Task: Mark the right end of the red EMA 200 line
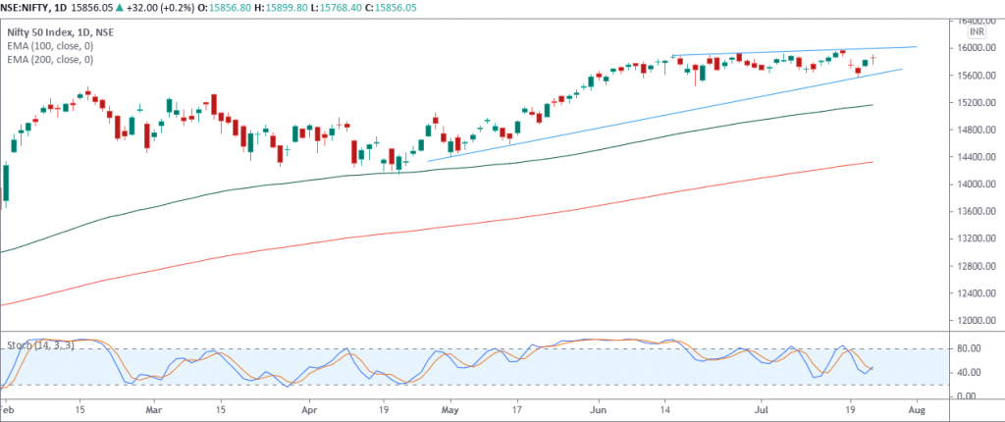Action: tap(873, 162)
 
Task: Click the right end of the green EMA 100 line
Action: tap(873, 104)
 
